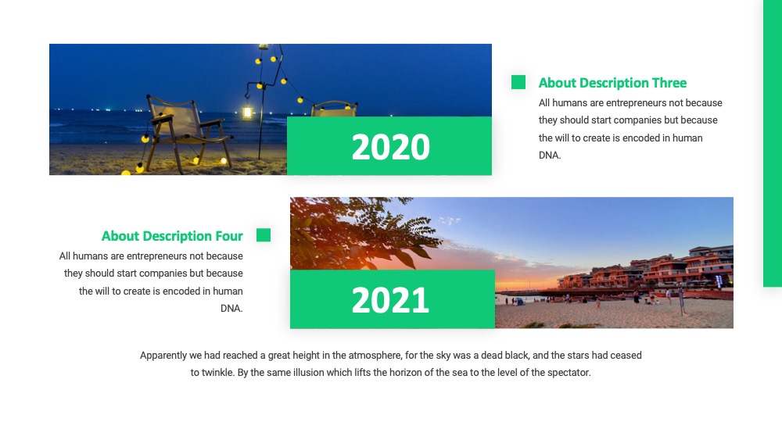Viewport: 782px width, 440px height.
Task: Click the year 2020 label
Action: point(390,147)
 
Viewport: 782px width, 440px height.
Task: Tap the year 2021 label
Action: point(390,300)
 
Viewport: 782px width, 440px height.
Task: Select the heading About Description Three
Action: point(612,83)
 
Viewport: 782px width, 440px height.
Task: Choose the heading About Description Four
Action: point(172,236)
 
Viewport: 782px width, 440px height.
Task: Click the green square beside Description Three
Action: point(518,82)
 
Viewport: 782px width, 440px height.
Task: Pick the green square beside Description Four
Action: point(264,234)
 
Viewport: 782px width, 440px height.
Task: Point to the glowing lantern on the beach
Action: point(247,112)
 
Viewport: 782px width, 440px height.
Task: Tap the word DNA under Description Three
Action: point(550,155)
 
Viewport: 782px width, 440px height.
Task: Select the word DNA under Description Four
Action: point(231,309)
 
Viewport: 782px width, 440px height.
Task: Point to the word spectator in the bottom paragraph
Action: point(569,373)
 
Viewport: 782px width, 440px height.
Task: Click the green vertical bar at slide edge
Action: point(773,144)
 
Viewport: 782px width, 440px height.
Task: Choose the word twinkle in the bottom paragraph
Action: point(217,372)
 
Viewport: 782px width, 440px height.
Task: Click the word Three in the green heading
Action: point(670,83)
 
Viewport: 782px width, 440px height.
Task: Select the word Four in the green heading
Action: point(229,236)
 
